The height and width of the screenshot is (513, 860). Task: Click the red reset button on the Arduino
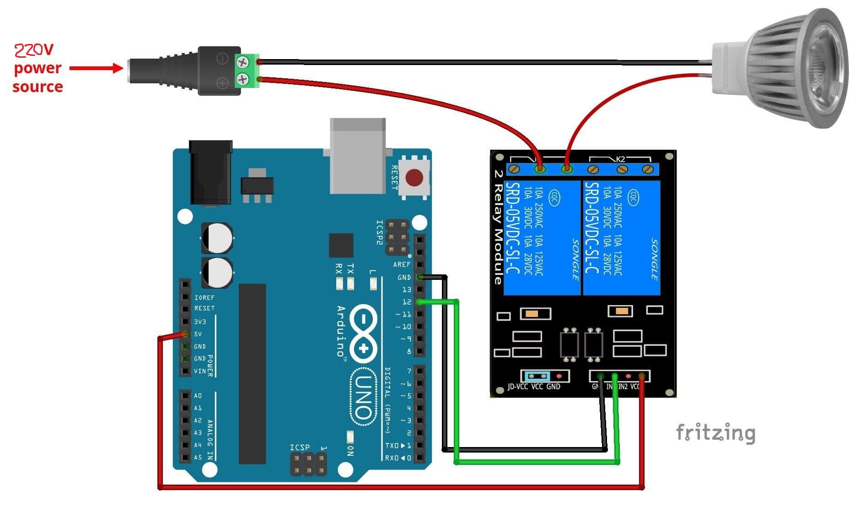pos(414,178)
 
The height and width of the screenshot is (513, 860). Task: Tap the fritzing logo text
pos(715,433)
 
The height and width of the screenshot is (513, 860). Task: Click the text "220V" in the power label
pos(34,49)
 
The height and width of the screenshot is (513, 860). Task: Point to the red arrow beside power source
pos(96,69)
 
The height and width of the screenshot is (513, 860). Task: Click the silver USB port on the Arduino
pos(358,156)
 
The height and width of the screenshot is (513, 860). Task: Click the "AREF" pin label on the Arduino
pos(402,265)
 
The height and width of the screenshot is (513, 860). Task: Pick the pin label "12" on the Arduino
pos(406,302)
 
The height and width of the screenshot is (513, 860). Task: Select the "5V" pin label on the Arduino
pos(198,334)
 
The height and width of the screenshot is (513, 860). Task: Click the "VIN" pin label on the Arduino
pos(200,371)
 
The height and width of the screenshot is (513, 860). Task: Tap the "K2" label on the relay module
pos(620,159)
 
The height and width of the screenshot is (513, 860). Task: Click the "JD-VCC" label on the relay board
pos(518,387)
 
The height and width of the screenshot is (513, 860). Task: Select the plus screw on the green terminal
pos(242,81)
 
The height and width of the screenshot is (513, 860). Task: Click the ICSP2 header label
pos(379,232)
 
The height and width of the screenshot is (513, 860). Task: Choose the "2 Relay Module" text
pos(499,227)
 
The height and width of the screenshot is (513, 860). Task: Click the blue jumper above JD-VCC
pos(537,377)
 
